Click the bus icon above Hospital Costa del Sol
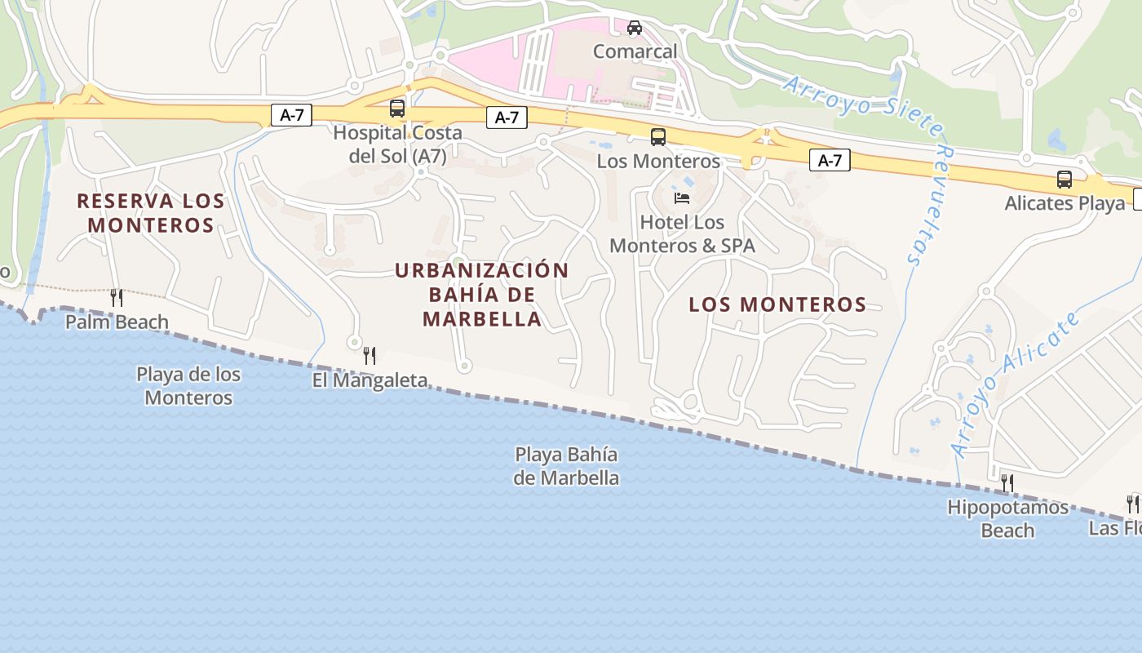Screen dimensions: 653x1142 [397, 108]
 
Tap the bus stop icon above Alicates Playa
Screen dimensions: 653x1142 [1065, 180]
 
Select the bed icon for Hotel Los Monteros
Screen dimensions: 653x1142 [682, 198]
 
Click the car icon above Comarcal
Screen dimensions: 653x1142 [635, 28]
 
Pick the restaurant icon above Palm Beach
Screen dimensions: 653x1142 [117, 298]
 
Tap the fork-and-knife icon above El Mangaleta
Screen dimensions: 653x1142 [370, 355]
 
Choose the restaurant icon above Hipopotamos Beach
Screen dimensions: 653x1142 [1007, 483]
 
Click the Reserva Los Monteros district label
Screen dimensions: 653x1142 [150, 212]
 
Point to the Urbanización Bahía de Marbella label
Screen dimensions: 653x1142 [481, 294]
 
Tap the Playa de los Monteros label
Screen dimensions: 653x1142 [188, 386]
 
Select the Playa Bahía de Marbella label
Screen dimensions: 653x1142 [566, 466]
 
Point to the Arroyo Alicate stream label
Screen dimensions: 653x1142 [1016, 384]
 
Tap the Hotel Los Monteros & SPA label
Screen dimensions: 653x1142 [682, 233]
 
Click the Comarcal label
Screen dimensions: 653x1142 [635, 51]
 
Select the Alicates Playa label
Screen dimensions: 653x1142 [1065, 203]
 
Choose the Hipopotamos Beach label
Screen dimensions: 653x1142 [1007, 519]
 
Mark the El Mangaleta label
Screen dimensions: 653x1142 [370, 380]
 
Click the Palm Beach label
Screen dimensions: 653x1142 [117, 322]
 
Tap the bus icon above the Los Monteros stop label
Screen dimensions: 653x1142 [658, 137]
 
